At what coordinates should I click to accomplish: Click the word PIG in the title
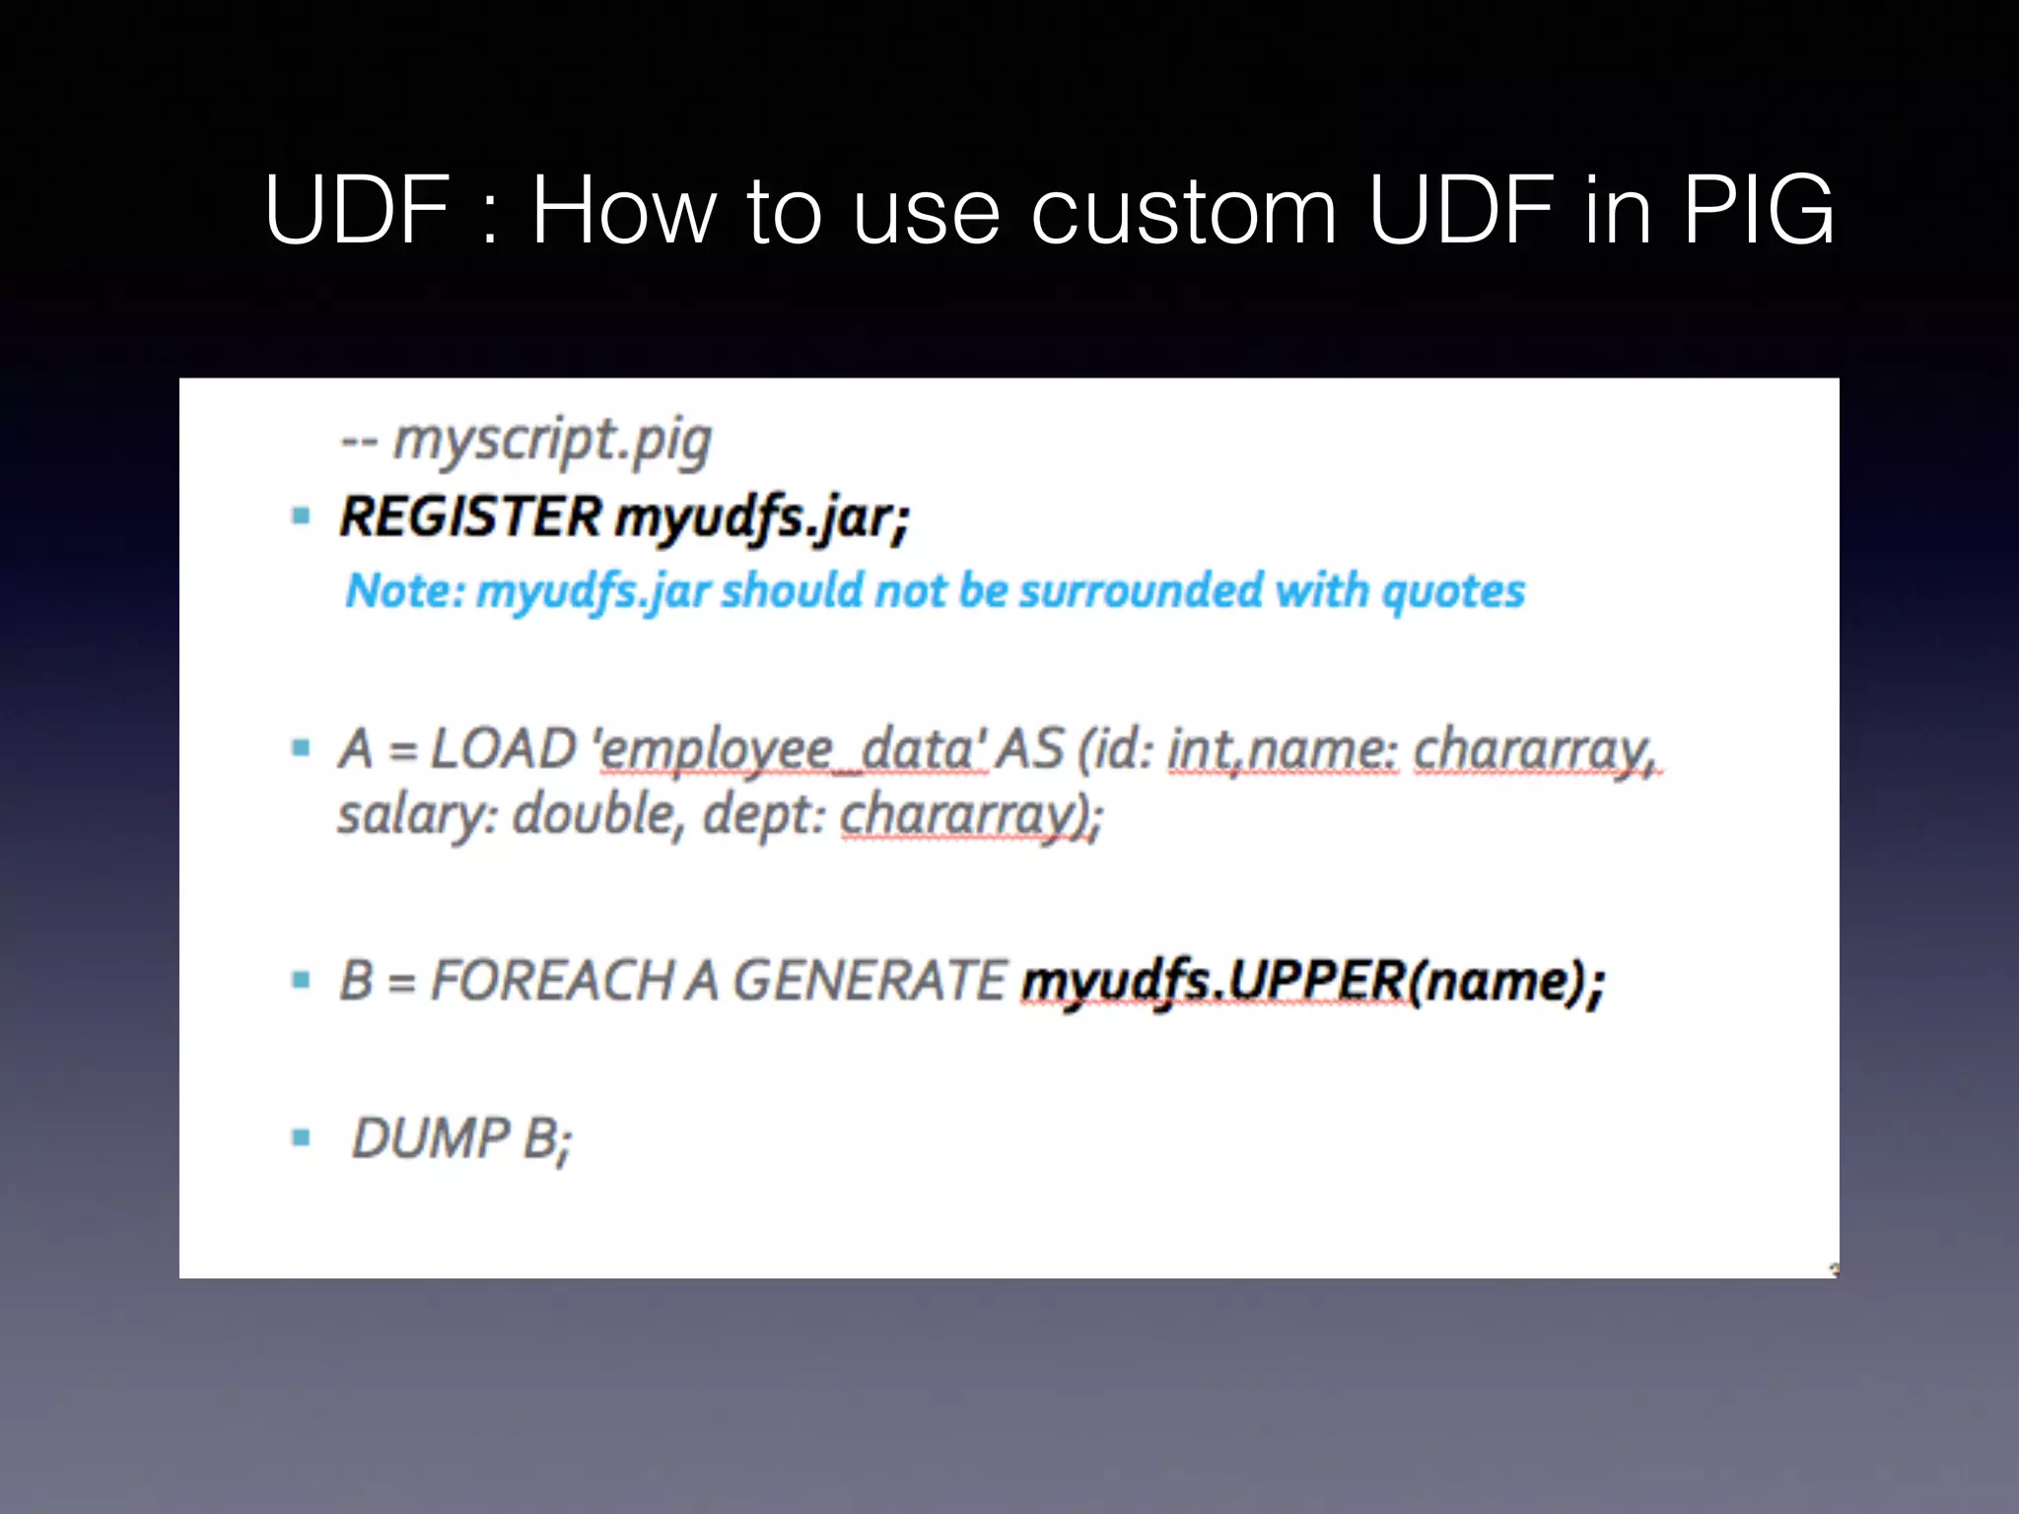pyautogui.click(x=1758, y=209)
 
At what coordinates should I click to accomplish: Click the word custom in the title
pyautogui.click(x=1184, y=211)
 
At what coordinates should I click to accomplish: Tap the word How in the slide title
pyautogui.click(x=623, y=209)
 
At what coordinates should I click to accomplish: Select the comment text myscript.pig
pyautogui.click(x=552, y=441)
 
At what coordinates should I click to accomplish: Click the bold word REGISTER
pyautogui.click(x=470, y=516)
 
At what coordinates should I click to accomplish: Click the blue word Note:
pyautogui.click(x=404, y=591)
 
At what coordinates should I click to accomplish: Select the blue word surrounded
pyautogui.click(x=1141, y=590)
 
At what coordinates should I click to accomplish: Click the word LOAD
pyautogui.click(x=503, y=748)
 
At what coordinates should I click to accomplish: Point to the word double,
pyautogui.click(x=597, y=815)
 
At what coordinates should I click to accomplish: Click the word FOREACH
pyautogui.click(x=551, y=981)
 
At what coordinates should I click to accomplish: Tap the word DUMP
pyautogui.click(x=431, y=1138)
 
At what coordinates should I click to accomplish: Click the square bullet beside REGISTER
pyautogui.click(x=302, y=516)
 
